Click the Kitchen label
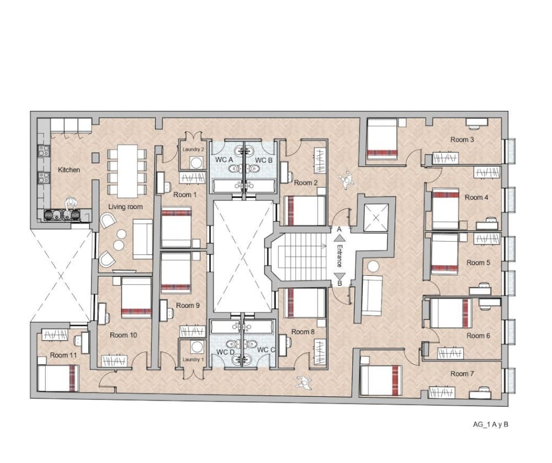click(x=69, y=170)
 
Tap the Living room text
click(x=125, y=207)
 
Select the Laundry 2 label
click(x=193, y=150)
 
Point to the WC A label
click(x=224, y=159)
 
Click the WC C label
click(x=266, y=350)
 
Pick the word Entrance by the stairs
click(x=339, y=256)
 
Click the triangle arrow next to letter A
click(x=339, y=238)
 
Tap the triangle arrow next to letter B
click(x=339, y=275)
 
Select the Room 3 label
click(x=462, y=140)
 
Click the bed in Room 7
click(x=380, y=380)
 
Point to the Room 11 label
click(x=63, y=355)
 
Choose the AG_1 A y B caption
click(x=491, y=425)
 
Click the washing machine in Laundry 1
click(x=197, y=347)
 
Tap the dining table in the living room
click(x=127, y=171)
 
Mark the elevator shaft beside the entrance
click(x=376, y=218)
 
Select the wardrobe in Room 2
click(x=320, y=161)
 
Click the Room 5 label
click(x=478, y=263)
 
